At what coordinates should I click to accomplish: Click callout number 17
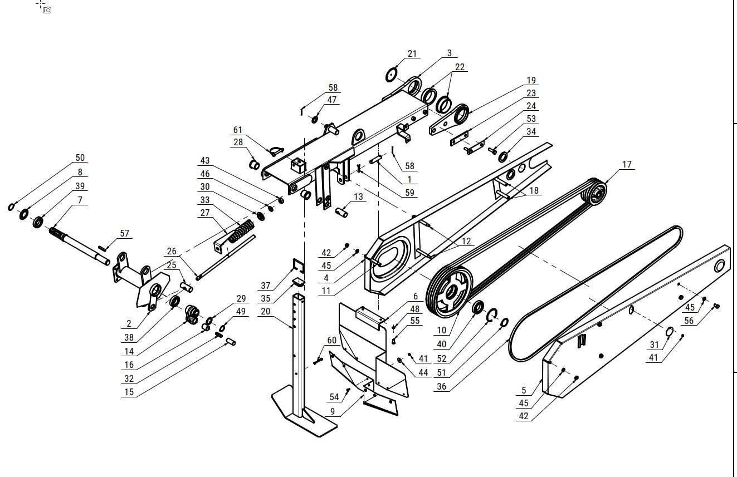[x=627, y=165]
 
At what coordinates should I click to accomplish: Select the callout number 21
[x=412, y=54]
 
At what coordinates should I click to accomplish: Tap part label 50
[x=80, y=158]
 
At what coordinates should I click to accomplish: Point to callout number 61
[x=238, y=130]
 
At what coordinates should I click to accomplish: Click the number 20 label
[x=265, y=312]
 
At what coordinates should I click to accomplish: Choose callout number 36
[x=441, y=387]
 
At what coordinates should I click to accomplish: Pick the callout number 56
[x=689, y=321]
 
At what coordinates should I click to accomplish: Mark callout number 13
[x=358, y=197]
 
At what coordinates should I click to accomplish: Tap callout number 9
[x=333, y=412]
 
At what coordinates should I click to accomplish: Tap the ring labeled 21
[x=393, y=74]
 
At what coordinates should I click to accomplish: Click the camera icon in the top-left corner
[x=47, y=10]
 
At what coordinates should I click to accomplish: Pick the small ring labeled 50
[x=11, y=207]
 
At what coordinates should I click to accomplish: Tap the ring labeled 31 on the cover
[x=670, y=332]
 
